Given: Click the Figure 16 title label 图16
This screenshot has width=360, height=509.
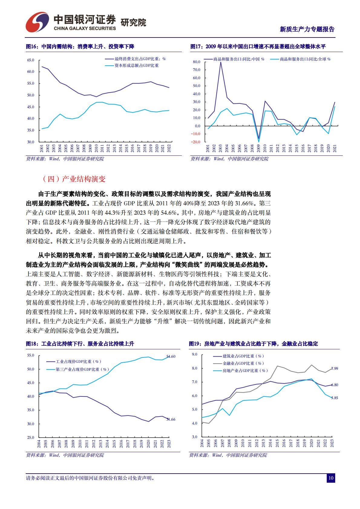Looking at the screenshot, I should click(x=31, y=47).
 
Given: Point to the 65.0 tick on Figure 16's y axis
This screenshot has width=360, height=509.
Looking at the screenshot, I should click(x=31, y=60).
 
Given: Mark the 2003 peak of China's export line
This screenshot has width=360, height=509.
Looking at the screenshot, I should click(x=221, y=62).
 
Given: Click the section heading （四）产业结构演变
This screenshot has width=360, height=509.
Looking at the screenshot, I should click(x=74, y=179).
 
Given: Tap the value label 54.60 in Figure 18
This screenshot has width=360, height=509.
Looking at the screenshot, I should click(x=171, y=357).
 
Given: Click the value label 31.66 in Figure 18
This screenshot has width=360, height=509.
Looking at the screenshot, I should click(x=171, y=419).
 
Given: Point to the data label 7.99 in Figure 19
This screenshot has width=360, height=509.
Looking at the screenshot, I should click(x=334, y=368).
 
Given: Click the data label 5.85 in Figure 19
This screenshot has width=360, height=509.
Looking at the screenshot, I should click(x=334, y=398).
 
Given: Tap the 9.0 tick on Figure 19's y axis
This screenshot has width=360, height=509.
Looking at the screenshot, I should click(x=195, y=354).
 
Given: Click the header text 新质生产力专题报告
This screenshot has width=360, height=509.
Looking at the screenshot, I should click(x=307, y=29).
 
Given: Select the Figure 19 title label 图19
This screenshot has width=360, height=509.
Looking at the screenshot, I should click(x=195, y=344).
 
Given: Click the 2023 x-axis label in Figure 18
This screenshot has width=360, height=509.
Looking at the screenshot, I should click(x=169, y=444).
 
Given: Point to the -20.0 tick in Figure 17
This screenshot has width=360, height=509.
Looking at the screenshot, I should click(x=196, y=142).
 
